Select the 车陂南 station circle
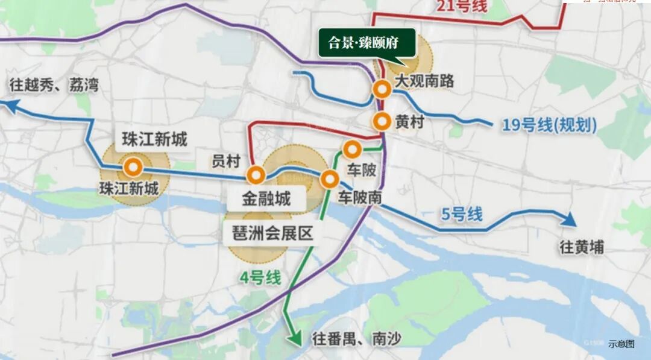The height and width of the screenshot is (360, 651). pos(329,178)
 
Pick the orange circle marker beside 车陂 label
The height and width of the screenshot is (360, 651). pos(351,148)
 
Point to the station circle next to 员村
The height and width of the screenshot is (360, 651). pos(256,175)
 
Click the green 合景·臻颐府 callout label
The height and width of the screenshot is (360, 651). pos(367,43)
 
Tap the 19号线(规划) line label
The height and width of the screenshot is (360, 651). pos(549,125)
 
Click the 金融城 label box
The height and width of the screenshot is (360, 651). pos(266,198)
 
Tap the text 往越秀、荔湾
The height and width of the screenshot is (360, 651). pos(54,85)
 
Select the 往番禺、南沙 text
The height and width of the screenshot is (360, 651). pos(356,339)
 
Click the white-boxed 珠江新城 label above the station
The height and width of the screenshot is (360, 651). pos(154,139)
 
